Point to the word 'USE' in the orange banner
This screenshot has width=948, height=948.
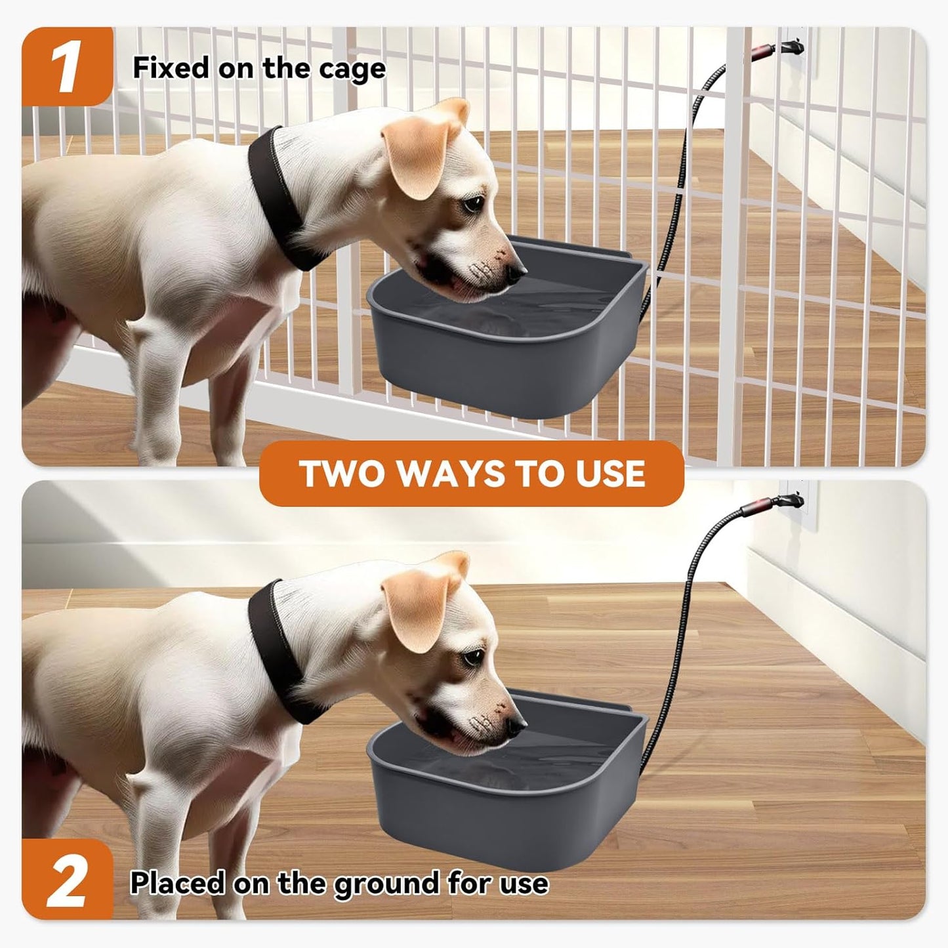pos(610,474)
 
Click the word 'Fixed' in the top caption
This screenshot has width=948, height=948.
pos(171,68)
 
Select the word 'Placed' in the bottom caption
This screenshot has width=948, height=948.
pos(177,883)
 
